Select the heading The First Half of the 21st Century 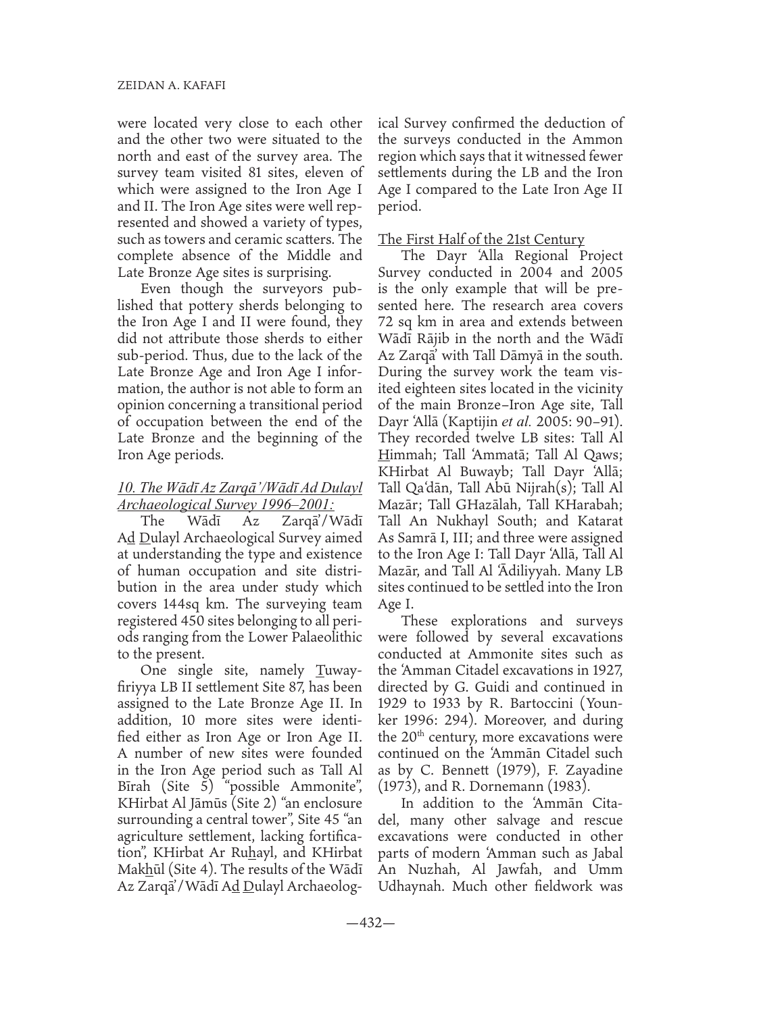tap(481, 239)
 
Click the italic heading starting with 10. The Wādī tap(241, 486)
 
